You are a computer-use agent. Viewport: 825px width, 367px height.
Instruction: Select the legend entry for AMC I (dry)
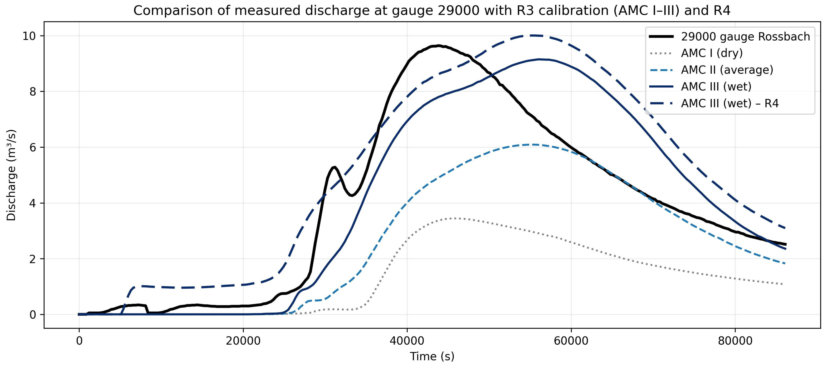712,53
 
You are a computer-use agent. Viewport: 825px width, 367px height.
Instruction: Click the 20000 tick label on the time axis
243,341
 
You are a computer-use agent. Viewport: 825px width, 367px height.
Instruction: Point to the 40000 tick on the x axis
407,341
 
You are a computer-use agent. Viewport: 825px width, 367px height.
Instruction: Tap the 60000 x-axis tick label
571,341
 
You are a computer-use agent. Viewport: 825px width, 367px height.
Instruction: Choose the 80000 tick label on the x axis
735,341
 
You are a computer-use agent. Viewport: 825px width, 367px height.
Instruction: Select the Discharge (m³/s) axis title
11,175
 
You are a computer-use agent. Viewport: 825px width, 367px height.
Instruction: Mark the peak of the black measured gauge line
439,46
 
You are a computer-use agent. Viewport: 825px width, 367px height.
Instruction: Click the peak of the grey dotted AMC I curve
455,218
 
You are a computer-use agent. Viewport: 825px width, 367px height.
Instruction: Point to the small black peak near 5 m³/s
334,167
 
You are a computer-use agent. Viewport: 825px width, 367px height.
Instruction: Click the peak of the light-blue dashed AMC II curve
533,145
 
